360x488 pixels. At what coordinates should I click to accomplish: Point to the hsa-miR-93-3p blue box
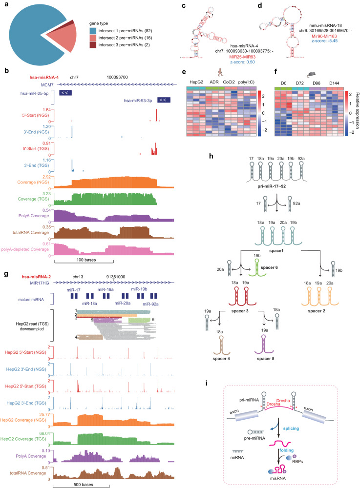(165, 86)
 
